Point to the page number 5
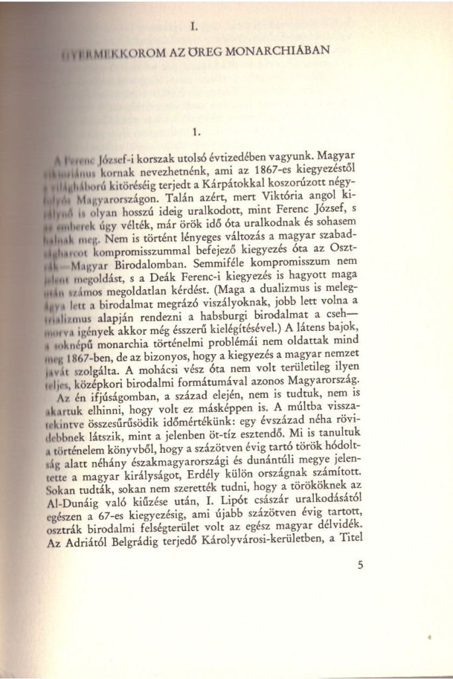(361, 566)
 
